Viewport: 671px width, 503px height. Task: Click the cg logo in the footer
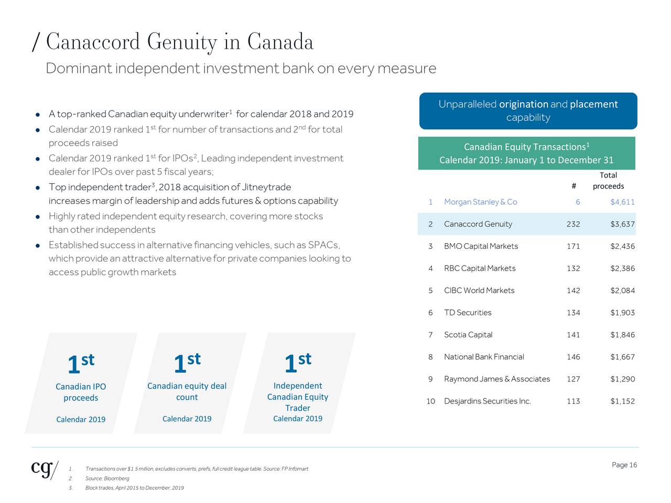point(45,468)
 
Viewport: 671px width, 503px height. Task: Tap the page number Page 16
point(624,465)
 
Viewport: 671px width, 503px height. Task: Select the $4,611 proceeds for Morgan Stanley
point(622,202)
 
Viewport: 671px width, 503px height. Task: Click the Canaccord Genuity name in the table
point(478,224)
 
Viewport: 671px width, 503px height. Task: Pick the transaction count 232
point(573,224)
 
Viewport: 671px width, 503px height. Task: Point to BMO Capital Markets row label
point(481,246)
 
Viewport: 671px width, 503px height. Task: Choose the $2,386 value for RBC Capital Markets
point(622,268)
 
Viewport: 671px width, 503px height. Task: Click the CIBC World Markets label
point(479,290)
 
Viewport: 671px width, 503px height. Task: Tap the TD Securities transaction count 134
point(573,313)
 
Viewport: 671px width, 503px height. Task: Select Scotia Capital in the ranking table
point(468,335)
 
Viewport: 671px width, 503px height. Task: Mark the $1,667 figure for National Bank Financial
point(622,357)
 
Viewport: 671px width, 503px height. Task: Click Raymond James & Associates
point(497,379)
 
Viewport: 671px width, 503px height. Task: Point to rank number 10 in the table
point(430,401)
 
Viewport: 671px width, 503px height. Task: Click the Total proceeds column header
point(608,181)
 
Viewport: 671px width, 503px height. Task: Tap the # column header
point(574,186)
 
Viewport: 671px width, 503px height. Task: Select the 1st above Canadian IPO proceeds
point(81,363)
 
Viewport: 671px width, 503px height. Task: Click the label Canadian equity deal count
point(187,391)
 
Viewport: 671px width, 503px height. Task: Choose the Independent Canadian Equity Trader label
point(298,397)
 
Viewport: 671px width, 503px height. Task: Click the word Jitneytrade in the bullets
point(266,187)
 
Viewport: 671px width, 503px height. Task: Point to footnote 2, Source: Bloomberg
point(107,478)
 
